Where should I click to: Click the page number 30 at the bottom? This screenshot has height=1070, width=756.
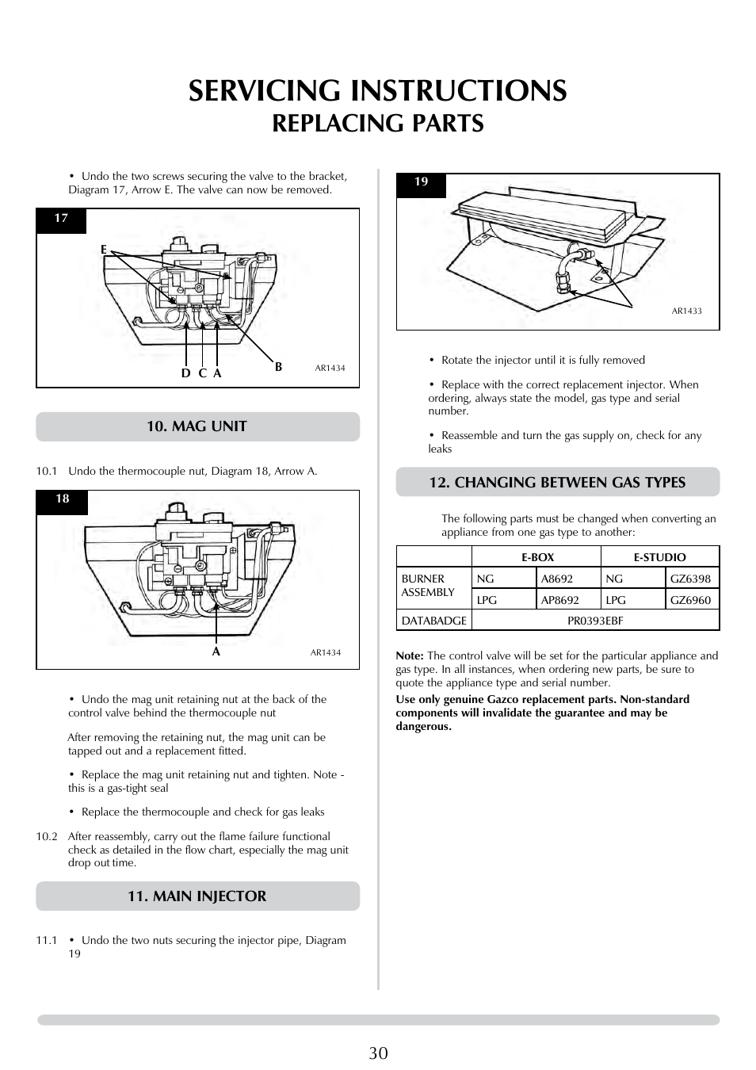click(x=378, y=1053)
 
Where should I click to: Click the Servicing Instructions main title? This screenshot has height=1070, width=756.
click(x=378, y=90)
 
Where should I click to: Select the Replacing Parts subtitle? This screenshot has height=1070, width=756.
click(x=378, y=124)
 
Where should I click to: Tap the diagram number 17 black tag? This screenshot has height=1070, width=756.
click(x=61, y=219)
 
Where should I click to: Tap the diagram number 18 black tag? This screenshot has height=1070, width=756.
click(x=62, y=499)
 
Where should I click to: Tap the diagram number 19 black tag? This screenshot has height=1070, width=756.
click(x=421, y=182)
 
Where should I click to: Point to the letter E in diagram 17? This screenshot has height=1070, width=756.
click(x=103, y=250)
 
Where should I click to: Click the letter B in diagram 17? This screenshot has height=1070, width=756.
click(x=278, y=367)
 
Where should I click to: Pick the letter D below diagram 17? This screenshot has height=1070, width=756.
click(x=185, y=373)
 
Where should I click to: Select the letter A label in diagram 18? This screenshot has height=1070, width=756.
click(x=215, y=652)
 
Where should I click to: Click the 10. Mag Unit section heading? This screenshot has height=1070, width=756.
click(x=197, y=426)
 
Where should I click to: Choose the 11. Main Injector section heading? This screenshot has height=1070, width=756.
click(x=197, y=896)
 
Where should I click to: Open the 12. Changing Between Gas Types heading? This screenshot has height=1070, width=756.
click(x=557, y=482)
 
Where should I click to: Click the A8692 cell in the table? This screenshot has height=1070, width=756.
click(x=556, y=579)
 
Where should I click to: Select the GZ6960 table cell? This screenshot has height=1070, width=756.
click(x=690, y=600)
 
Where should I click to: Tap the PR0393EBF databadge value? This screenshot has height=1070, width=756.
click(x=595, y=621)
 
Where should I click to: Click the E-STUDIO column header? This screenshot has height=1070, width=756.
click(x=659, y=557)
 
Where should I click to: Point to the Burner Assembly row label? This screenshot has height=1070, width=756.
click(x=428, y=586)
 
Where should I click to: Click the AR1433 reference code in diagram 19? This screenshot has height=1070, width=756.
click(x=686, y=311)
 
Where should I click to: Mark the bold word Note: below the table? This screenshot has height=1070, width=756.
click(x=410, y=655)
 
